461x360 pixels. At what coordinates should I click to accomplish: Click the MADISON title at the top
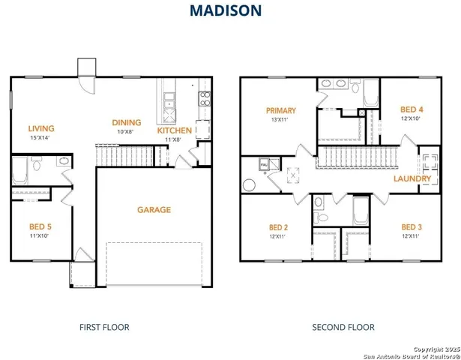pyautogui.click(x=225, y=10)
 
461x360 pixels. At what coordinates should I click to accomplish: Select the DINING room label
pyautogui.click(x=127, y=123)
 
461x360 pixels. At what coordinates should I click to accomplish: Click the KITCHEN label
pyautogui.click(x=174, y=130)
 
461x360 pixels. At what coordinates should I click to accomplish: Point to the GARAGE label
pyautogui.click(x=154, y=210)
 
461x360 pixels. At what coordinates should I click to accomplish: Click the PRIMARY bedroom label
pyautogui.click(x=280, y=110)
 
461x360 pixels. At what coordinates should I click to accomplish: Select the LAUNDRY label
pyautogui.click(x=412, y=179)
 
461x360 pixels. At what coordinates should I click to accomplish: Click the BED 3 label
pyautogui.click(x=411, y=227)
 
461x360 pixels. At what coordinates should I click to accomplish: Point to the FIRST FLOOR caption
pyautogui.click(x=104, y=327)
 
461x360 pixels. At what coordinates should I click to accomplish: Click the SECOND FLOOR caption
pyautogui.click(x=343, y=327)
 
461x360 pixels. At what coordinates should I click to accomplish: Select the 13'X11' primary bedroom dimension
pyautogui.click(x=280, y=120)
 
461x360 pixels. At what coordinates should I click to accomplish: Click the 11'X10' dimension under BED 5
pyautogui.click(x=39, y=236)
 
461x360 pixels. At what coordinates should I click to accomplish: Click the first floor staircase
pyautogui.click(x=125, y=156)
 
